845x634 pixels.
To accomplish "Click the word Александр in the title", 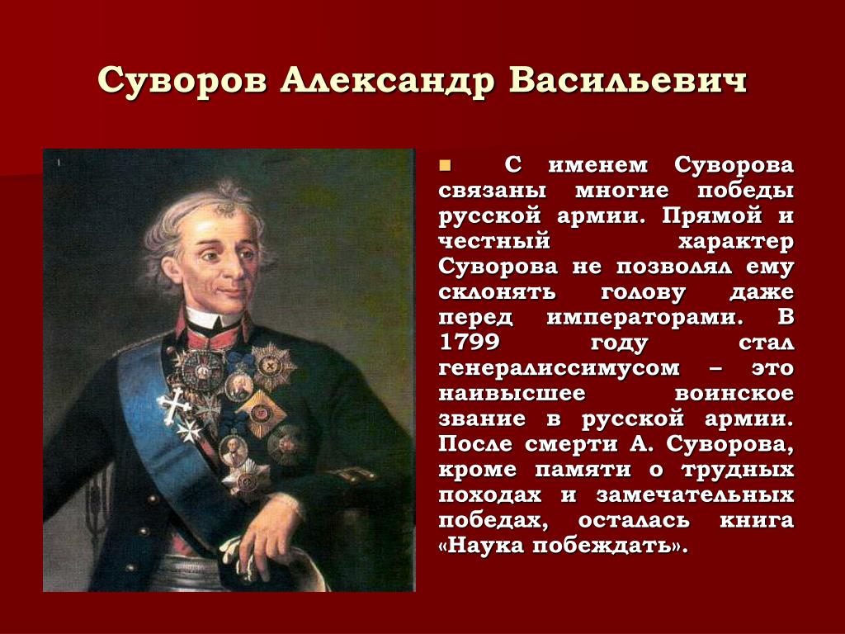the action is (x=387, y=82).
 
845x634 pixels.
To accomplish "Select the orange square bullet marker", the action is (x=445, y=164).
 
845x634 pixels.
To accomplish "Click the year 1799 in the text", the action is (x=469, y=342).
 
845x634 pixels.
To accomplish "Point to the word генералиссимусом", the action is (x=559, y=368).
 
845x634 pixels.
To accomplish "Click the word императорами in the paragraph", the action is (x=645, y=317).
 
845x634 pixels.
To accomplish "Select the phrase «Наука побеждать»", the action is (x=564, y=545).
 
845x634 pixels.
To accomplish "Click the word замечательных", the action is (x=695, y=494).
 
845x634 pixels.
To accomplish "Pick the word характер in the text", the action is (x=736, y=242).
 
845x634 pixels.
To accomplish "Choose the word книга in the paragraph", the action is (x=757, y=520).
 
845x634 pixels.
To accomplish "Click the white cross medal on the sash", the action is (x=173, y=405).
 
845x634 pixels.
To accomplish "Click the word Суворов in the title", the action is (x=182, y=82).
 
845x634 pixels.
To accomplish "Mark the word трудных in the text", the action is (x=738, y=470).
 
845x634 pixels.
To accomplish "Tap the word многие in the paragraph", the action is (x=621, y=191).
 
